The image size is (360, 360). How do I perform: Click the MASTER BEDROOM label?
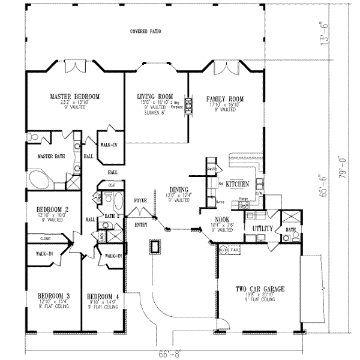click(x=74, y=97)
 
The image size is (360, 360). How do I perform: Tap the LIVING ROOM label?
click(x=155, y=96)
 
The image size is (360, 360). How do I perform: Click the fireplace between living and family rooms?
click(x=188, y=106)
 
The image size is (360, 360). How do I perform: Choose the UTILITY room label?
click(x=262, y=229)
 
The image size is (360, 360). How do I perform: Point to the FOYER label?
click(x=140, y=202)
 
